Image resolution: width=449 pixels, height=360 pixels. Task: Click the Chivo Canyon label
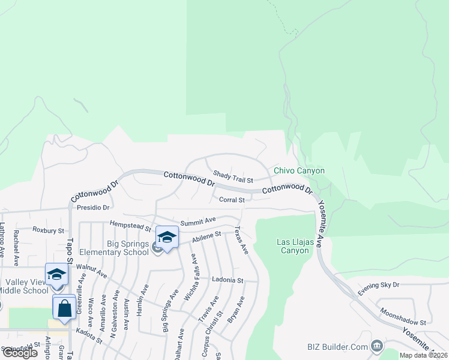pyautogui.click(x=299, y=170)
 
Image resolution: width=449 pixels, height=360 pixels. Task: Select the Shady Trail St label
pyautogui.click(x=233, y=175)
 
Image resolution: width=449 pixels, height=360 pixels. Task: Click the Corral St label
pyautogui.click(x=232, y=200)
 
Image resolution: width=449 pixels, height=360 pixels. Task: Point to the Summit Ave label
pyautogui.click(x=198, y=221)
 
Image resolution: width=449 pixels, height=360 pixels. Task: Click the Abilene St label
pyautogui.click(x=206, y=237)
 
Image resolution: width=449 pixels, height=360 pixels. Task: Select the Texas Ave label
pyautogui.click(x=241, y=240)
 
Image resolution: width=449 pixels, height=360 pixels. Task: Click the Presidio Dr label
pyautogui.click(x=93, y=208)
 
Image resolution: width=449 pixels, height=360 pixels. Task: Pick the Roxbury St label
pyautogui.click(x=48, y=230)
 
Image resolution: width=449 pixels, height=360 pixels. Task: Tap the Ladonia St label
pyautogui.click(x=228, y=280)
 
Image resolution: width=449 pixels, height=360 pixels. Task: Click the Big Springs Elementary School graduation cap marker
pyautogui.click(x=167, y=236)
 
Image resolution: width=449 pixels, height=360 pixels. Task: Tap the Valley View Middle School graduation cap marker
pyautogui.click(x=56, y=274)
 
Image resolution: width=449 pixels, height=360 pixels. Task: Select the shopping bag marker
pyautogui.click(x=64, y=307)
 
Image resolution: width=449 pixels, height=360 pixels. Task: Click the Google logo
pyautogui.click(x=20, y=353)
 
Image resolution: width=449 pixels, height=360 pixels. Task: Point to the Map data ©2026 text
pyautogui.click(x=423, y=355)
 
